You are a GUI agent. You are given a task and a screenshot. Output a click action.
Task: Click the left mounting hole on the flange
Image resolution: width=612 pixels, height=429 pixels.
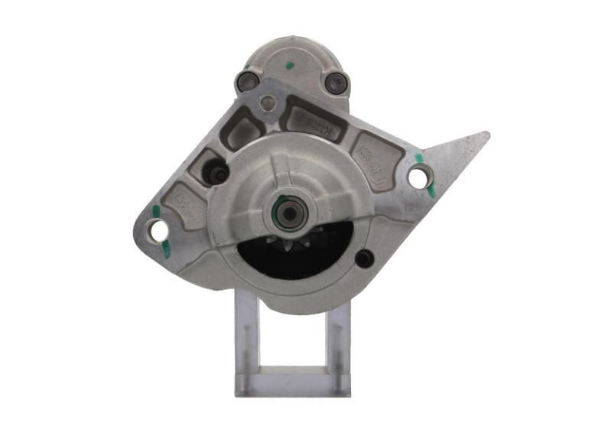(158, 229)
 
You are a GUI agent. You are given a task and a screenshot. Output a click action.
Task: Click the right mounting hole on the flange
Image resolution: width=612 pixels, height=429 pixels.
(417, 177)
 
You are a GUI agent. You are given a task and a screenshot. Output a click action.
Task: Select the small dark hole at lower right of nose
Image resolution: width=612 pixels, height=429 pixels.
(364, 258)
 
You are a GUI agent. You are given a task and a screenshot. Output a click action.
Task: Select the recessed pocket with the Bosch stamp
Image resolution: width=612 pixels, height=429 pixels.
(314, 121)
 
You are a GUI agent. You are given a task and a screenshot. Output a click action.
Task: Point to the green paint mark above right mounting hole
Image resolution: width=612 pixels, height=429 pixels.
(418, 159)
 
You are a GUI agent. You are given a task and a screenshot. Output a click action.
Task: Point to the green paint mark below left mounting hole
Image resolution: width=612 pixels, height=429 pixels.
(166, 247)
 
